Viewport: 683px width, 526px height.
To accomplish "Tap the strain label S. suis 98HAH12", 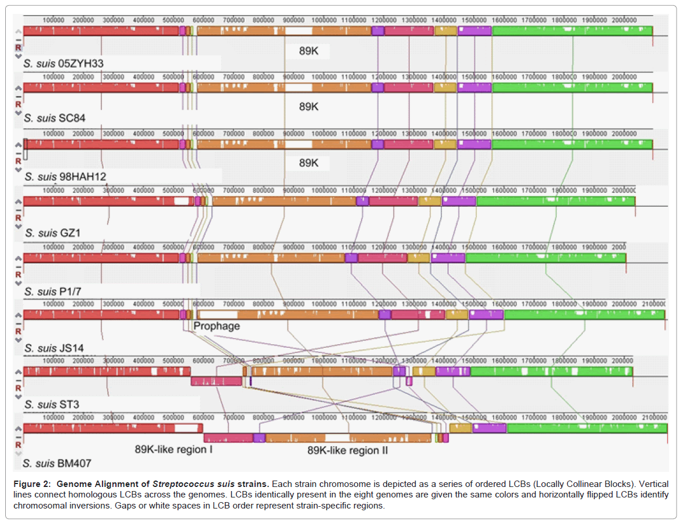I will tap(65, 176).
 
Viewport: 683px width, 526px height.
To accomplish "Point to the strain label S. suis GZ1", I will tap(52, 233).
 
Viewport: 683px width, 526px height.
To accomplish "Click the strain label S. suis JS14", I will tap(54, 348).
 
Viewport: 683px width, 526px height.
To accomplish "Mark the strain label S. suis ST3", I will tap(52, 404).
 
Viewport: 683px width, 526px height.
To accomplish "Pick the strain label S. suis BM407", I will tap(56, 464).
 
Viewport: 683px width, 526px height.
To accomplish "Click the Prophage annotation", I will tap(217, 326).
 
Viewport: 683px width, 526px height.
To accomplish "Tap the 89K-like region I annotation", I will tap(174, 450).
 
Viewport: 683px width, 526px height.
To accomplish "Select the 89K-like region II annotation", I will tap(348, 450).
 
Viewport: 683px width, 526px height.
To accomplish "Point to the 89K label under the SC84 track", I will tap(309, 107).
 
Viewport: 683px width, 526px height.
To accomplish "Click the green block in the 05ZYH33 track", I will tap(572, 30).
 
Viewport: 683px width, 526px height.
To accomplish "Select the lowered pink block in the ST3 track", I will tap(216, 381).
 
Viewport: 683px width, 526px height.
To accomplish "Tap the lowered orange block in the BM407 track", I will tap(348, 437).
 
